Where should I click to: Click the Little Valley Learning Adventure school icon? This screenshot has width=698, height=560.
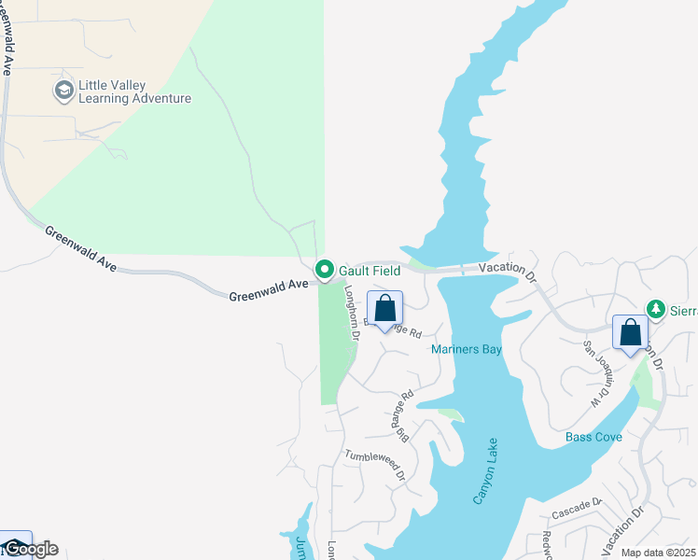(x=63, y=91)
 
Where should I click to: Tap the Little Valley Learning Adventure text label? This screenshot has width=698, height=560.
(x=134, y=91)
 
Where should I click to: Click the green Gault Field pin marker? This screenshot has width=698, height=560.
(x=325, y=270)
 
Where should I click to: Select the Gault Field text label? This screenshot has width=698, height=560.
(x=370, y=271)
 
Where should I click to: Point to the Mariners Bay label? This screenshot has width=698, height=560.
(x=467, y=350)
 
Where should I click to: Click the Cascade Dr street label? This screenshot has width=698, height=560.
(x=576, y=509)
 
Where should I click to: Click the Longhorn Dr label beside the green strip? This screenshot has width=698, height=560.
(x=353, y=311)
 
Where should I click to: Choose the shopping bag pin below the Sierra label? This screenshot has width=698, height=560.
(x=630, y=333)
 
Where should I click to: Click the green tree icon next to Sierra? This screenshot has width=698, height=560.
(x=656, y=309)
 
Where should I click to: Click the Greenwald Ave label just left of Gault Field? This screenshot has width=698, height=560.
(x=269, y=290)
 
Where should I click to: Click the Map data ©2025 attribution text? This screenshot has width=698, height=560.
(x=659, y=553)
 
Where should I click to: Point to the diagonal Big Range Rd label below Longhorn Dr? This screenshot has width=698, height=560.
(x=402, y=415)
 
